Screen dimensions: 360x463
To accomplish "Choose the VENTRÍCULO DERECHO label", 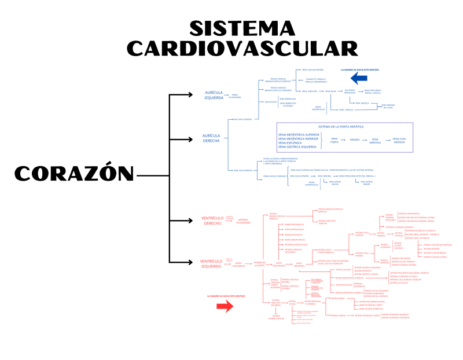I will pyautogui.click(x=212, y=221).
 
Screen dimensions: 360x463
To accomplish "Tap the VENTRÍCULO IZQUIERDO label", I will pyautogui.click(x=211, y=263).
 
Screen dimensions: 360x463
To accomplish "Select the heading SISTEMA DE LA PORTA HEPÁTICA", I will pyautogui.click(x=341, y=126).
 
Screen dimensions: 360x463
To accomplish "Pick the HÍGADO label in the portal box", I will pyautogui.click(x=354, y=139).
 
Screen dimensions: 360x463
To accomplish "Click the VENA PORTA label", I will pyautogui.click(x=335, y=140).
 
